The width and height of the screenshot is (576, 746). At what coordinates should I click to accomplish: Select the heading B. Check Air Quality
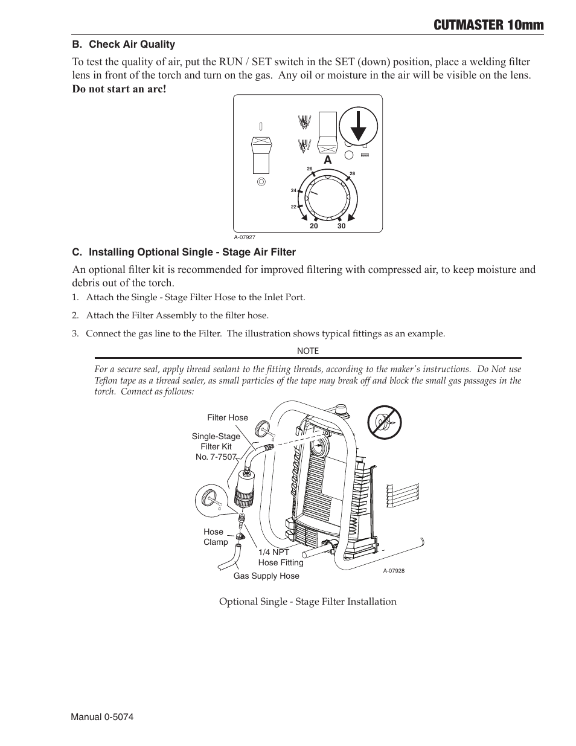124,44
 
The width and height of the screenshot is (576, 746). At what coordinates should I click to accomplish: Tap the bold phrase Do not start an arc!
119,89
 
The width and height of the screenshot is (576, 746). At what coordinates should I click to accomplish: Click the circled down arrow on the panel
358,127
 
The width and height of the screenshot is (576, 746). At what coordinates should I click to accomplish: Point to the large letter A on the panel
328,160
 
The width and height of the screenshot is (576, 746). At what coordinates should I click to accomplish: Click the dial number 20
313,226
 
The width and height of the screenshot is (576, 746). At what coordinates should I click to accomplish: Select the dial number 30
341,226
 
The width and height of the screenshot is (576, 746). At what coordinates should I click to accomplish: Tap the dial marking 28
353,174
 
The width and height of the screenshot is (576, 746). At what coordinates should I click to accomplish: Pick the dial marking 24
293,190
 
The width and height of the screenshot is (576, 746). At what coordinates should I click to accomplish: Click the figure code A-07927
245,238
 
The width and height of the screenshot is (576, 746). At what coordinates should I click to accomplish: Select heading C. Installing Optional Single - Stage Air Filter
184,252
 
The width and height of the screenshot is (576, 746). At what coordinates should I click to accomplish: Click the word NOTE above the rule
308,351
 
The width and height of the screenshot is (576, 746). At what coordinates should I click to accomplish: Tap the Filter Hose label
228,417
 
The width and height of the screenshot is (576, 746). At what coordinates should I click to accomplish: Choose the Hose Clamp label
215,537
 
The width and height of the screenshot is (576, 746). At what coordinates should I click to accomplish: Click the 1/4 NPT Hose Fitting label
281,558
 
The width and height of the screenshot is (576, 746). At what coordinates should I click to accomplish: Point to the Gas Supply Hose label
266,576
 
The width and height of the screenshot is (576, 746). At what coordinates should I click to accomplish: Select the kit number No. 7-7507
216,457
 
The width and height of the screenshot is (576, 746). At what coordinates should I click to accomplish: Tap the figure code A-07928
393,571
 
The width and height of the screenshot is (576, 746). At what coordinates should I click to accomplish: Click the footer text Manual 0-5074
102,716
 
